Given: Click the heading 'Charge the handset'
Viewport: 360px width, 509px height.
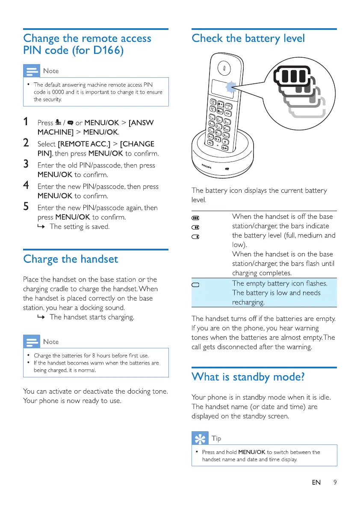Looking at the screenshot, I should pos(71,259).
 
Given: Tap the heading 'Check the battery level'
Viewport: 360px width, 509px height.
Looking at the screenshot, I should pos(248,38).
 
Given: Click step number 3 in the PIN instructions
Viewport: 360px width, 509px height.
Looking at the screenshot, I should pos(27,165).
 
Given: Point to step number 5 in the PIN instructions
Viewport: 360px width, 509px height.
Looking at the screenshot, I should pos(27,207).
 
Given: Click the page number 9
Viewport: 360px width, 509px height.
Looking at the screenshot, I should pos(335,483).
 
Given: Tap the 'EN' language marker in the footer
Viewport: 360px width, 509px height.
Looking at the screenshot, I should pos(316,483).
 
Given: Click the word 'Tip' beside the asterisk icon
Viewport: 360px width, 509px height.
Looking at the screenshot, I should pos(216,438).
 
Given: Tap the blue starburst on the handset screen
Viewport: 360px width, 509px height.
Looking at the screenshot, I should pos(231,88).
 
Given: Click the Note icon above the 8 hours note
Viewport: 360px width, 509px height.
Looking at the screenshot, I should pos(32,342).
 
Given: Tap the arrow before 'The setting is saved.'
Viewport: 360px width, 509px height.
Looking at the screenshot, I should pos(43,227).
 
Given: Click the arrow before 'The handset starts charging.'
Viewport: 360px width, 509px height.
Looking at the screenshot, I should pos(43,317).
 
